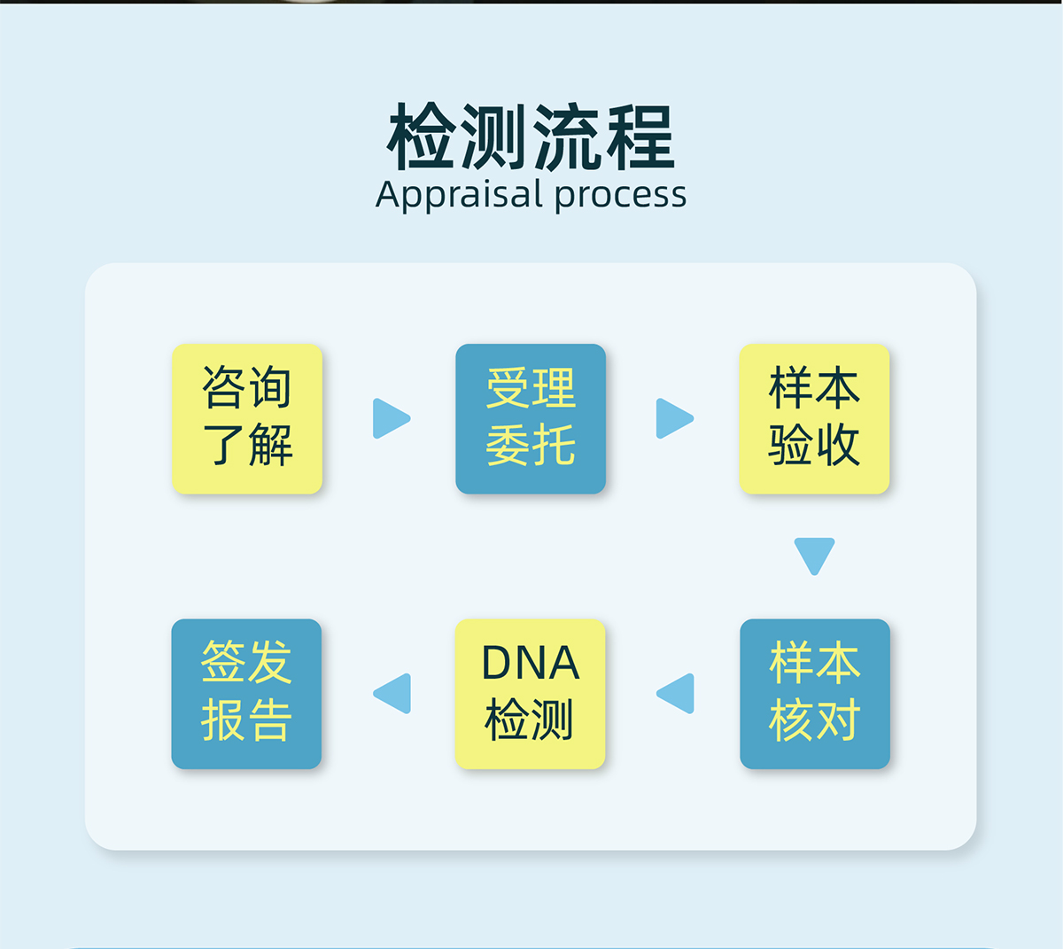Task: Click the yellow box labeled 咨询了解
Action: pyautogui.click(x=247, y=418)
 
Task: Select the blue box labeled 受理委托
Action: pyautogui.click(x=531, y=418)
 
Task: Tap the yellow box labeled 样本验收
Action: pyautogui.click(x=814, y=418)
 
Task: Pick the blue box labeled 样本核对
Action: pyautogui.click(x=814, y=693)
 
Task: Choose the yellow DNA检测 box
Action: pyautogui.click(x=530, y=693)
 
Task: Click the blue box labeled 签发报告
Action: pyautogui.click(x=246, y=693)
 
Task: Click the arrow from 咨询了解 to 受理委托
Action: pyautogui.click(x=390, y=418)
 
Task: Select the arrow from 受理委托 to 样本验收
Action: pyautogui.click(x=673, y=418)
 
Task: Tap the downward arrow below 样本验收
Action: pyautogui.click(x=814, y=556)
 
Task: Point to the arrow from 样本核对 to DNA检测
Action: pyautogui.click(x=677, y=693)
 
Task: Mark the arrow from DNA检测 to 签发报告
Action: pyautogui.click(x=393, y=693)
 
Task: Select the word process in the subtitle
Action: pyautogui.click(x=620, y=195)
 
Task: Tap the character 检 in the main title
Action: pyautogui.click(x=423, y=137)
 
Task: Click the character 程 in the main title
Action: pyautogui.click(x=640, y=137)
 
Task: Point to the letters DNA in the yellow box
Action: pyautogui.click(x=530, y=663)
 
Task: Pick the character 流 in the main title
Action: pyautogui.click(x=568, y=137)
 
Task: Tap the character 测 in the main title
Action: pyautogui.click(x=495, y=137)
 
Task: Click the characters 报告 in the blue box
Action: pyautogui.click(x=246, y=720)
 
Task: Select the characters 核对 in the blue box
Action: pyautogui.click(x=814, y=720)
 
